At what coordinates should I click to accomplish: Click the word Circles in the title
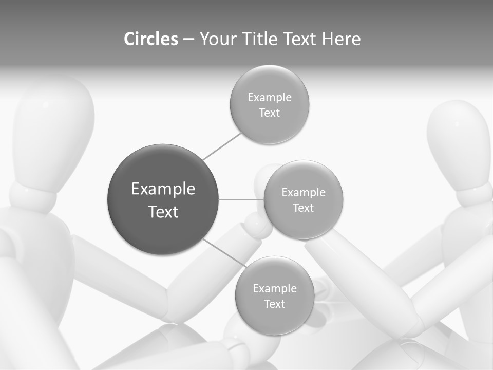pos(151,39)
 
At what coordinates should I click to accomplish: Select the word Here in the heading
pos(342,39)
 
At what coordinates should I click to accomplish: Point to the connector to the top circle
pos(222,146)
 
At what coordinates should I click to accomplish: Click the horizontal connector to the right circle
pos(241,199)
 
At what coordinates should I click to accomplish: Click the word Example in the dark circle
pos(163,189)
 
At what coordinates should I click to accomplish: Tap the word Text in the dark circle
pos(163,212)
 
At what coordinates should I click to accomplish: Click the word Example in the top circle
pos(270,98)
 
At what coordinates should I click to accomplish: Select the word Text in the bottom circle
pos(274,304)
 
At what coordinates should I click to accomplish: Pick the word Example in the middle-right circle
pos(304,193)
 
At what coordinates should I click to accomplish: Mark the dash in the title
pos(188,40)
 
